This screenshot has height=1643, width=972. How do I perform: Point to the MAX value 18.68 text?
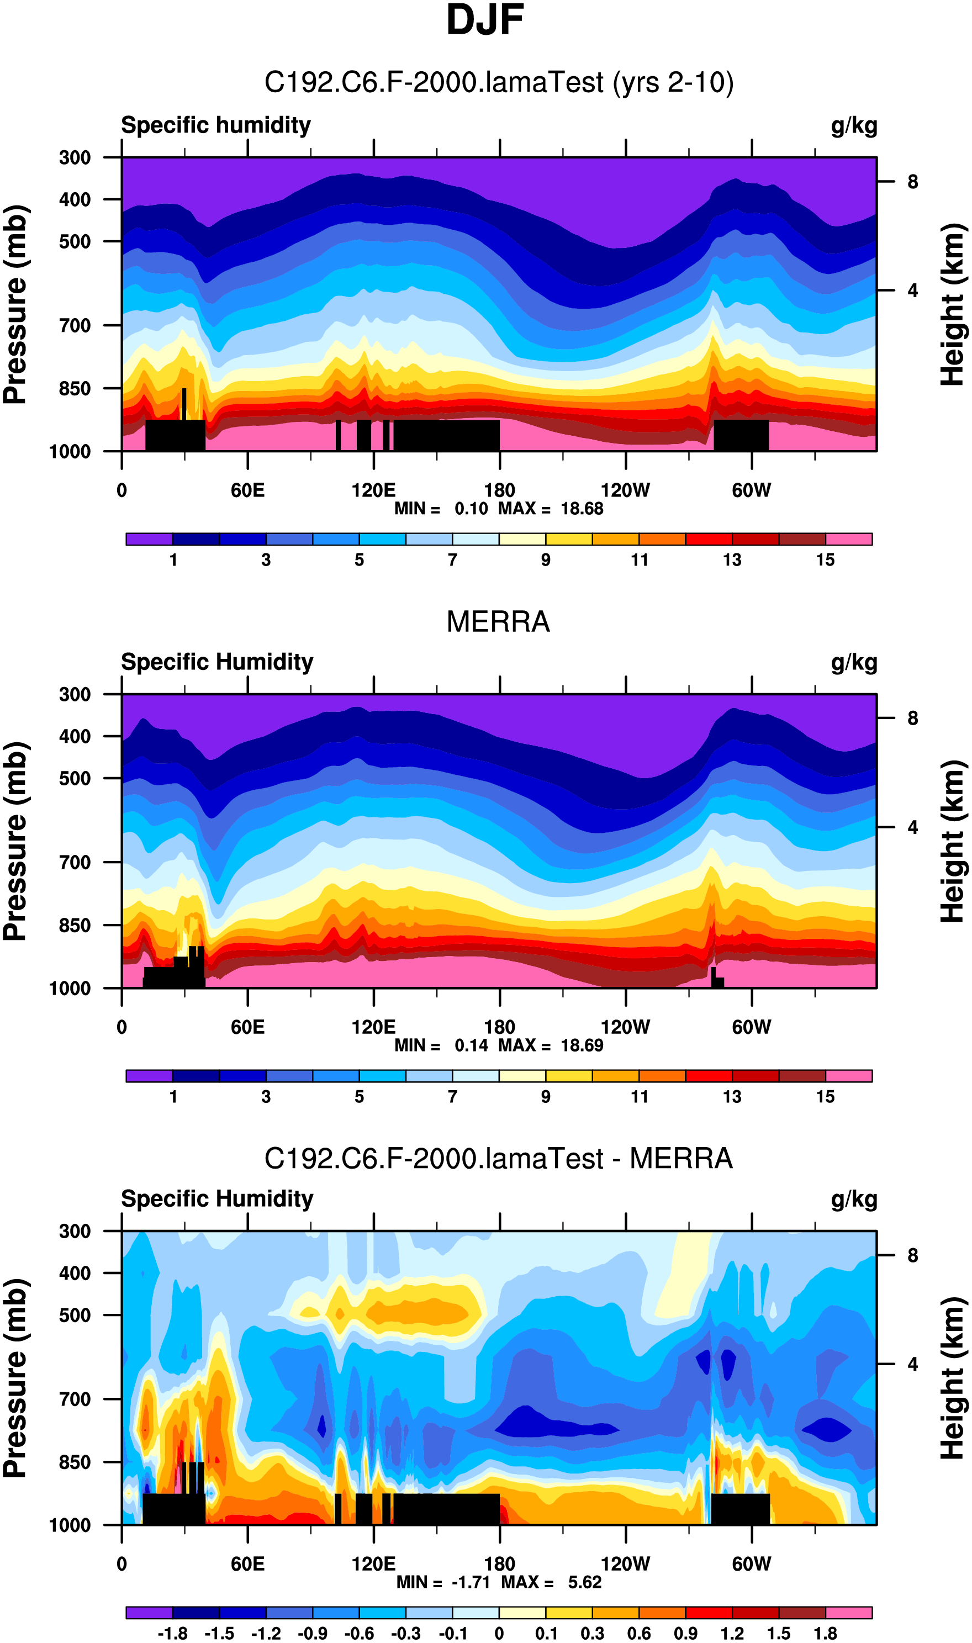pos(582,509)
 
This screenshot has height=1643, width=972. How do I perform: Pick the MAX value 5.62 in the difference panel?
pos(584,1582)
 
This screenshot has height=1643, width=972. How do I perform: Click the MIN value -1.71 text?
pos(471,1582)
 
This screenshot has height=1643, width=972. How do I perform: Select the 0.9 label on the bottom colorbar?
pos(685,1633)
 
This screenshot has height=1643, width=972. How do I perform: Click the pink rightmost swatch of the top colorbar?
pos(848,539)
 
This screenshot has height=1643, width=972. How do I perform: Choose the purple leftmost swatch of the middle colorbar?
pos(149,1076)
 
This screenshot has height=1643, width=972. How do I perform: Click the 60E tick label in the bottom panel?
pos(247,1564)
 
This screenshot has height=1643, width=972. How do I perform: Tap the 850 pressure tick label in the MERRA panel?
pos(75,925)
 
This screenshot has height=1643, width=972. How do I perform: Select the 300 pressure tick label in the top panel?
pos(75,158)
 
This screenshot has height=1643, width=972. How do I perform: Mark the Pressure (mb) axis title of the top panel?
pos(15,304)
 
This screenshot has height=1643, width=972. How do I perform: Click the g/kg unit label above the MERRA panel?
pos(853,663)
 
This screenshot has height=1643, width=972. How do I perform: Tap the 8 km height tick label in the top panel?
pos(912,182)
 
